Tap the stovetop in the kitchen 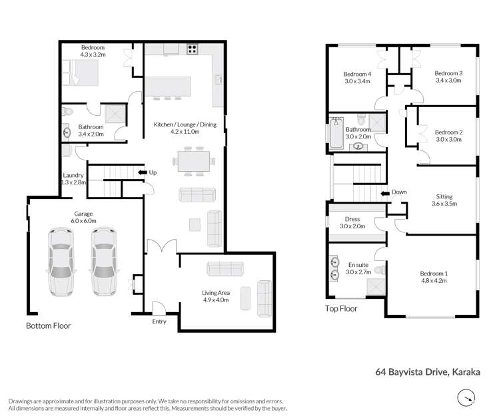tap(193, 48)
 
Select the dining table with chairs tap(193, 160)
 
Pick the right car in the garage tap(103, 261)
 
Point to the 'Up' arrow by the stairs tap(142, 172)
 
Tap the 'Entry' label tap(159, 321)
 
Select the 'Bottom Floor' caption tap(48, 326)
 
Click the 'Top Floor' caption tap(341, 308)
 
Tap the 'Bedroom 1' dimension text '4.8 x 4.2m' tap(434, 281)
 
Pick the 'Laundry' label tap(73, 174)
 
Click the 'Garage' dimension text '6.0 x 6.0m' tap(85, 221)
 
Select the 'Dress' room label tap(352, 218)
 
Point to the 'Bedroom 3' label tap(448, 73)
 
